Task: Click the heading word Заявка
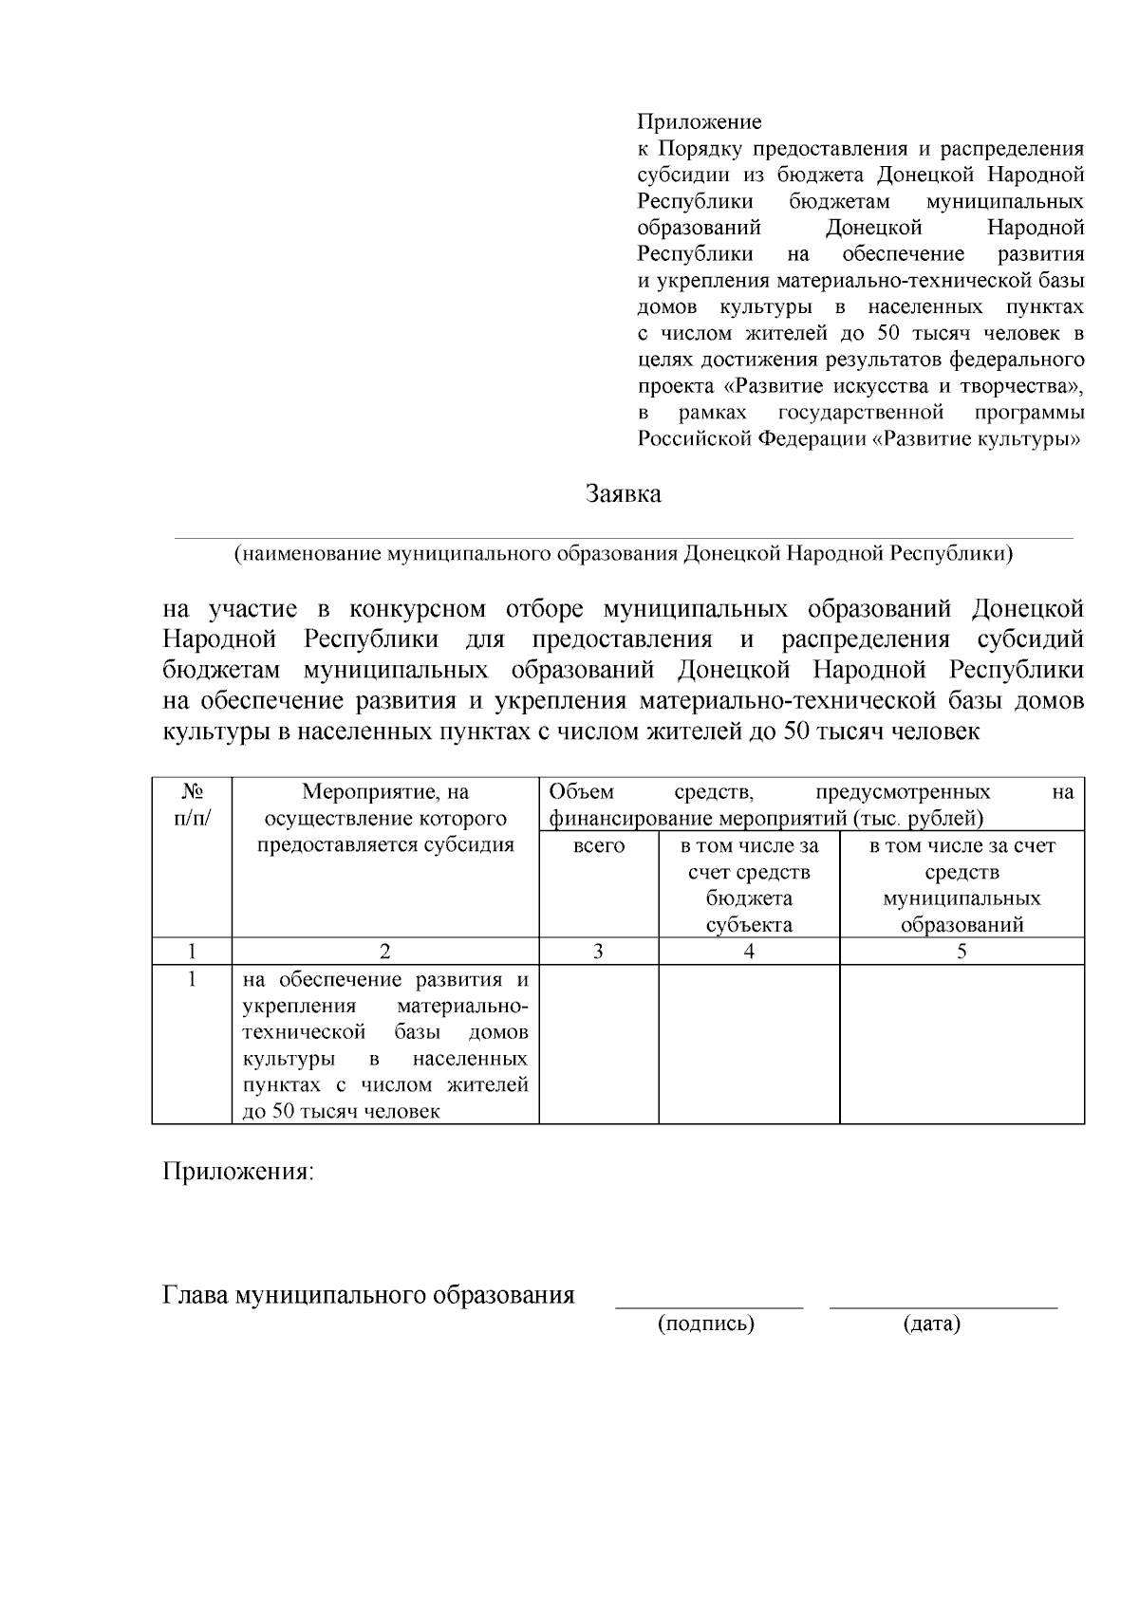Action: (623, 494)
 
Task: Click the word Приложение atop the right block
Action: (699, 122)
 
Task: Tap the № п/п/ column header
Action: (193, 805)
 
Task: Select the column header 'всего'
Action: (599, 845)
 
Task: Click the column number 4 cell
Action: (749, 952)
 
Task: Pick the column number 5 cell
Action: (962, 952)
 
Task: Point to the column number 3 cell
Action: (599, 952)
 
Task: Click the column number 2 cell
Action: (385, 952)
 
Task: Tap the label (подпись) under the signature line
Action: (706, 1324)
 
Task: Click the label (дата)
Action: (931, 1324)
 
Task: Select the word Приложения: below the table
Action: (237, 1172)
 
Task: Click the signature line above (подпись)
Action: (709, 1307)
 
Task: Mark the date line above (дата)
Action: (943, 1307)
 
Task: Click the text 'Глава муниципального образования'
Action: (369, 1295)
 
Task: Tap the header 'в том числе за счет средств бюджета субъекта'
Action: (749, 884)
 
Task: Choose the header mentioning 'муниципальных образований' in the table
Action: (962, 884)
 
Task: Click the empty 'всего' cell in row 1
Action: (599, 1044)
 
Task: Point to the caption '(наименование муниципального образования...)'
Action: (624, 554)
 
